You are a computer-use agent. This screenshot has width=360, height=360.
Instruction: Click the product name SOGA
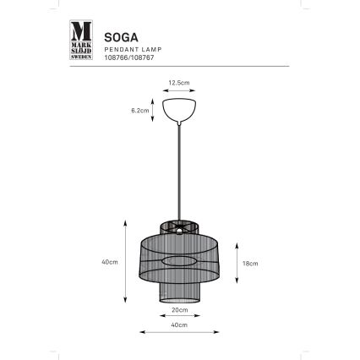pyautogui.click(x=117, y=36)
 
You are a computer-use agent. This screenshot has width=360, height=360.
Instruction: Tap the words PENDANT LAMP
pyautogui.click(x=127, y=51)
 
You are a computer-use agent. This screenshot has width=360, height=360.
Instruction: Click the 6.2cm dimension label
pyautogui.click(x=142, y=110)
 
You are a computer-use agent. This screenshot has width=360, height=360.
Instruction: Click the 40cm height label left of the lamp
pyautogui.click(x=107, y=262)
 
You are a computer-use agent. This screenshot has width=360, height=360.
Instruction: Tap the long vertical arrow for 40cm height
pyautogui.click(x=125, y=262)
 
